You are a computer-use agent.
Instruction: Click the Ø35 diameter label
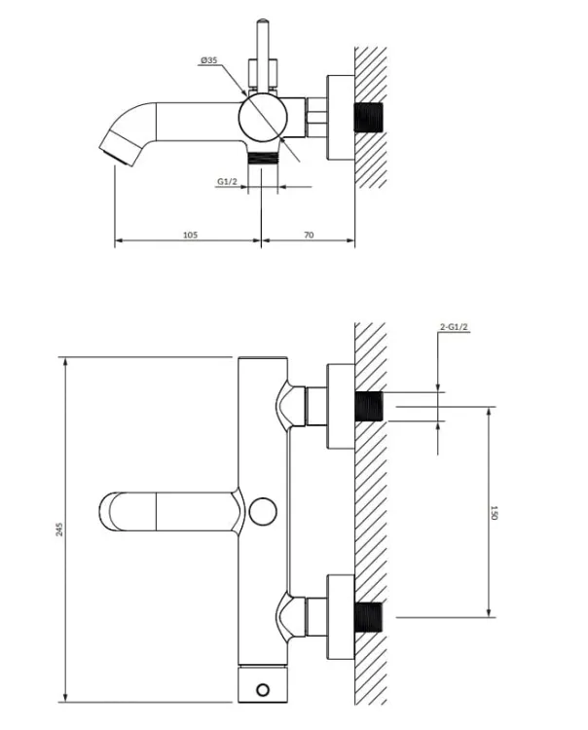point(209,60)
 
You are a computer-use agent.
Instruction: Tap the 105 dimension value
point(190,235)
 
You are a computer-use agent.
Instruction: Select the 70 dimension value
point(309,235)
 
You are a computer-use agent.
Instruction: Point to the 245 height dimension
point(59,529)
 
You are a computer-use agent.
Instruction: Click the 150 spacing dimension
point(495,513)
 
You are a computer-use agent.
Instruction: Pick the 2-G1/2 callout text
point(454,327)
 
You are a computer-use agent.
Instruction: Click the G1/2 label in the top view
point(227,181)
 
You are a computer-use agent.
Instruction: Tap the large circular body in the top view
point(262,117)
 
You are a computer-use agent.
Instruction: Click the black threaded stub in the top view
point(368,117)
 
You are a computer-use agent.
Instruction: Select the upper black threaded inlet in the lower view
point(368,407)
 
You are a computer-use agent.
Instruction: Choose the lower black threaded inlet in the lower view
point(368,617)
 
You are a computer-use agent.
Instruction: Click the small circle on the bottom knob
point(263,689)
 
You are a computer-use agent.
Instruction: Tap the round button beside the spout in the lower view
point(263,511)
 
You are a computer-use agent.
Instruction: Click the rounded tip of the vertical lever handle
point(263,21)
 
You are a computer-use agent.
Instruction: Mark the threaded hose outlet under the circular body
point(263,159)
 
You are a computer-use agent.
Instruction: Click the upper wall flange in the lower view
point(341,407)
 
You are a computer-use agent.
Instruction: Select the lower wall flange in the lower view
point(341,617)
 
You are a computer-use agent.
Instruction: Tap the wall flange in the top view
point(341,118)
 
